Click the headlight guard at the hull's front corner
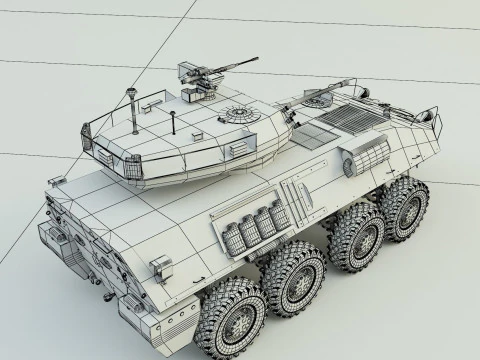(x=432, y=123)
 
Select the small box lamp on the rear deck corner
(x=159, y=268)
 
